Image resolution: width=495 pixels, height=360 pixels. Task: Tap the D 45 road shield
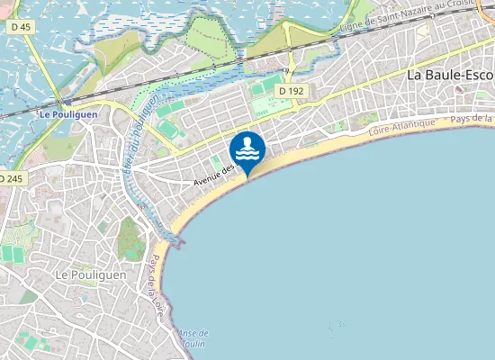coord(20,27)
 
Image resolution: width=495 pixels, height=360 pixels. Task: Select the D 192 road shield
coord(292,91)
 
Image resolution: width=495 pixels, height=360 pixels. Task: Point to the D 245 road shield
coord(11,179)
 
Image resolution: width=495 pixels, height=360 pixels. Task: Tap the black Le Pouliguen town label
coord(89,274)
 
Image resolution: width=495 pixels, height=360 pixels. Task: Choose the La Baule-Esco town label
coord(450,76)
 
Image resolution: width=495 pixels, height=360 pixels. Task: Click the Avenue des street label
coord(213,175)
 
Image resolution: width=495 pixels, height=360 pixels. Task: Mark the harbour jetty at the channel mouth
coord(177,241)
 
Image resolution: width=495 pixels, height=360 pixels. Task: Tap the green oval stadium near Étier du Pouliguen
coord(171,132)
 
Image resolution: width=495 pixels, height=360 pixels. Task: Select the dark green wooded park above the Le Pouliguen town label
coord(131,237)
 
